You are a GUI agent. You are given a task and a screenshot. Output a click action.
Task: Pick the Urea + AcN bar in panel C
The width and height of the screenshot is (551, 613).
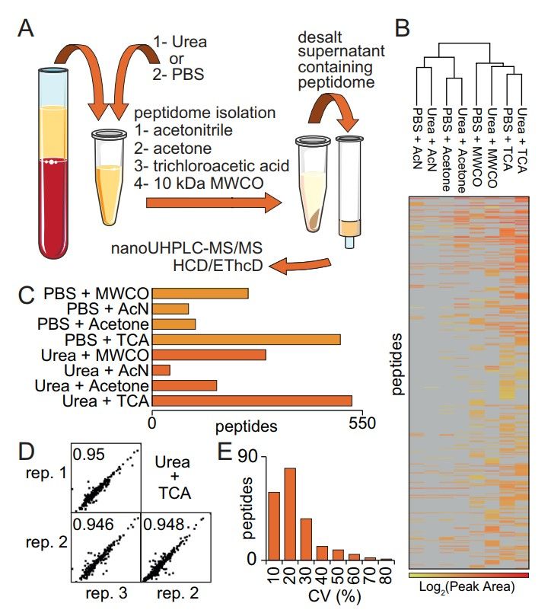pyautogui.click(x=161, y=370)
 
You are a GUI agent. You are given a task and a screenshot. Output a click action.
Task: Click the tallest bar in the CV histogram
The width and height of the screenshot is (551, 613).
pyautogui.click(x=290, y=514)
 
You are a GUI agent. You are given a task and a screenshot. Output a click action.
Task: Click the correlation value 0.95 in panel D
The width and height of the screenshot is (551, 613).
pyautogui.click(x=87, y=455)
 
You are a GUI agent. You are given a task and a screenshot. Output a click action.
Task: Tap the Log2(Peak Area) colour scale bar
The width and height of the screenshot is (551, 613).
pyautogui.click(x=468, y=573)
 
